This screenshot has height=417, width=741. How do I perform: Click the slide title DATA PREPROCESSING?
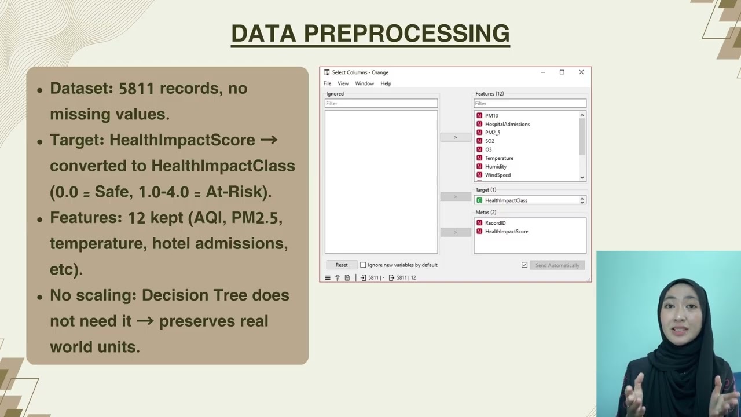tap(370, 34)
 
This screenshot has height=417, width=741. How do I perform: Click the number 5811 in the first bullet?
tap(136, 89)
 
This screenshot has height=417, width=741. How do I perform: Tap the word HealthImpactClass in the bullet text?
tap(223, 166)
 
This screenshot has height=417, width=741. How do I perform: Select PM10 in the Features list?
tap(491, 116)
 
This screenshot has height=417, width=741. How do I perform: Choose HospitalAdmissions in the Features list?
tap(507, 124)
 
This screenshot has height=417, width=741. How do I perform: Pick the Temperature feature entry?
tap(499, 158)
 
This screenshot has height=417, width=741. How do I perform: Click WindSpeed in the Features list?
tap(497, 175)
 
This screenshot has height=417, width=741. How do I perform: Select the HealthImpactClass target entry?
tap(506, 200)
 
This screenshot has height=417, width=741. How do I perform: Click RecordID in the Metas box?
tap(495, 223)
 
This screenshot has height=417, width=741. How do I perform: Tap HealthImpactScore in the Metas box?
tap(506, 232)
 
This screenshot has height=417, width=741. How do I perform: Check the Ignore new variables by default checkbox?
tap(363, 265)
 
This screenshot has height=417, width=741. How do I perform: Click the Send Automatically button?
tap(557, 265)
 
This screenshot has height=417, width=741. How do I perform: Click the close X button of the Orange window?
tap(581, 72)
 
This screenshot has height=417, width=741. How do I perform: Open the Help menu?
tap(386, 83)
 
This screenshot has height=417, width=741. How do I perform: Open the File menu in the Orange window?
tap(327, 83)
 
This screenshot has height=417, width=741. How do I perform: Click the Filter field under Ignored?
tap(381, 104)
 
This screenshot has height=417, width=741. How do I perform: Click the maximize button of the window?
tap(562, 72)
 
